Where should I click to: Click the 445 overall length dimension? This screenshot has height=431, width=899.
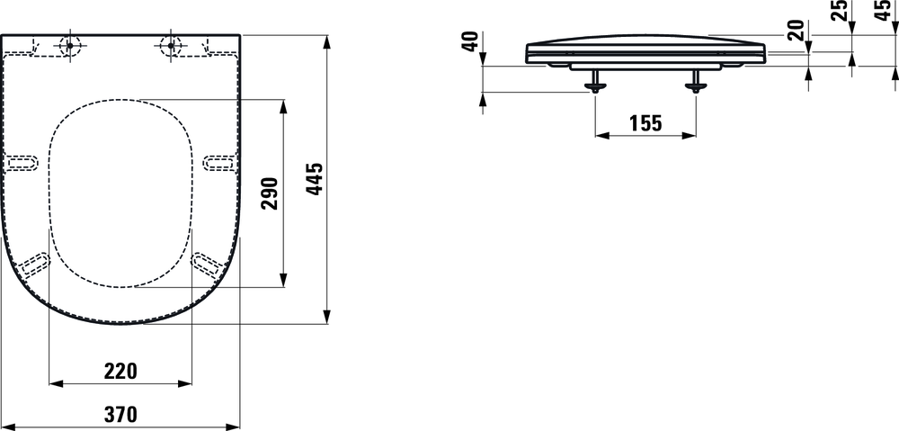pos(316,179)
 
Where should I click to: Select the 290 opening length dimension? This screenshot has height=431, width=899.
pos(270,193)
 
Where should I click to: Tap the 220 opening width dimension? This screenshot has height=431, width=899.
pos(121,372)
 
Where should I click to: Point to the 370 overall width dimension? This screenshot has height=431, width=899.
pos(120,414)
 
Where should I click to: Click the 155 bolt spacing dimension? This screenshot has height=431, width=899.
pos(645,122)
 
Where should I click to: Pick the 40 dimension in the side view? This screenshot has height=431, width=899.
pos(471,41)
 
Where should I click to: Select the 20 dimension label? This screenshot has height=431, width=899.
pos(796,31)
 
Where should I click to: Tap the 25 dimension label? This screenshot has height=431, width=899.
pos(840,11)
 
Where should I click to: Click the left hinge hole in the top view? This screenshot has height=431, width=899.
pos(70,45)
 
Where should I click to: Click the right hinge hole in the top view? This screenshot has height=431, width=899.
pos(170,45)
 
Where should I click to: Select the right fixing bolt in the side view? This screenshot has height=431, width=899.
pos(696,81)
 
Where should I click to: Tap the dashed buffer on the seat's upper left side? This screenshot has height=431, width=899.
pos(22,163)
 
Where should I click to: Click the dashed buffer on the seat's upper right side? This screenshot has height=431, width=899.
pos(220,163)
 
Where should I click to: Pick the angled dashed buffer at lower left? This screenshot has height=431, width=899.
pos(35,264)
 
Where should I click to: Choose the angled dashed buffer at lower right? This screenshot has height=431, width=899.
pos(207,264)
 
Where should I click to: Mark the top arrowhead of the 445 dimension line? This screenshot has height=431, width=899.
pos(327,42)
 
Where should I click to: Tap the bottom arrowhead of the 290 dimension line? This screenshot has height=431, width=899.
pos(282,280)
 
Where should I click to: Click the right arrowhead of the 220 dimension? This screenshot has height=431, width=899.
pos(185,383)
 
